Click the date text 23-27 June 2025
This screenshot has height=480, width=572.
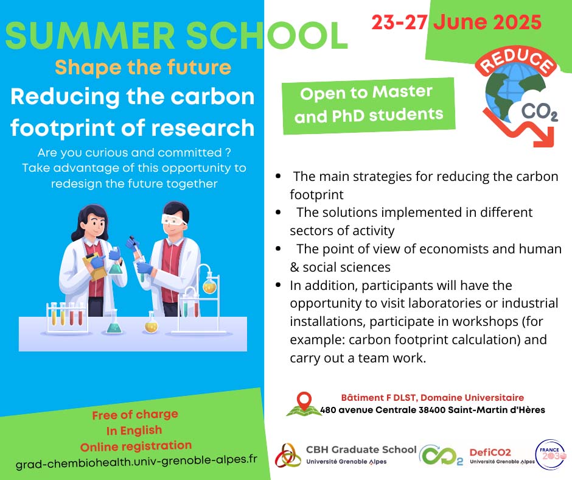456,23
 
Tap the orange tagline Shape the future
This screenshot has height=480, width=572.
143,67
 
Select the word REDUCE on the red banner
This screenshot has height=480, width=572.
517,63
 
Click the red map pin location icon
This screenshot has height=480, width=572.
304,401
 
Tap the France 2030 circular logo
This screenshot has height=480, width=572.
550,455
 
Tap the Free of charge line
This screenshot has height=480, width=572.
135,415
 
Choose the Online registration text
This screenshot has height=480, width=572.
135,445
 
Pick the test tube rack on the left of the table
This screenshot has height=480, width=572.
67,317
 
